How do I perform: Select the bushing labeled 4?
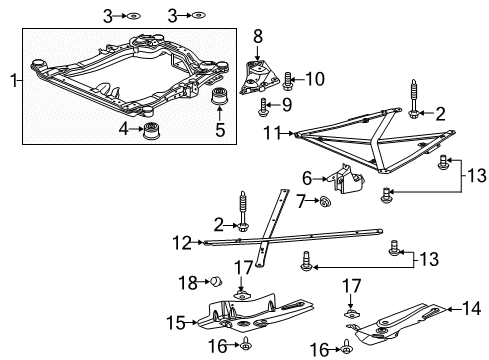(x=153, y=133)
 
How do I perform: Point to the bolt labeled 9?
(x=263, y=105)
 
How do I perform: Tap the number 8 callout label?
(x=257, y=36)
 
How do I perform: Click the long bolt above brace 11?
(x=411, y=100)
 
